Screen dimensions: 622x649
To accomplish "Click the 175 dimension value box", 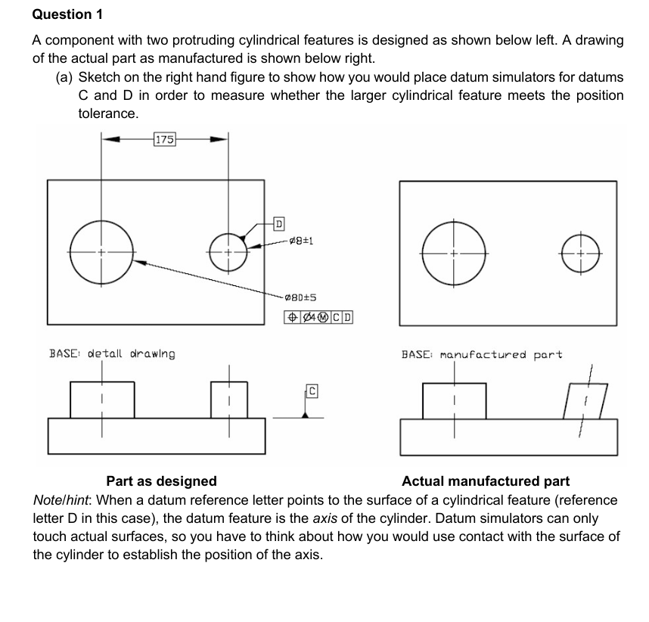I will [165, 138].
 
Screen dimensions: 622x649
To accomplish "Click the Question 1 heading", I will [67, 14].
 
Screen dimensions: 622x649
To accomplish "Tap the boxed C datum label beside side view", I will [310, 390].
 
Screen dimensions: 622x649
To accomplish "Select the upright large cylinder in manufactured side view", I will [454, 400].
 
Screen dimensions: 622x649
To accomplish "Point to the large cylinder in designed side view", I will [102, 400].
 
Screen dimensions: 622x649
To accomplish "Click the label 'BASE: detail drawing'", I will [112, 353].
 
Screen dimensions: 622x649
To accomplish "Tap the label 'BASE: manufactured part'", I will [482, 354].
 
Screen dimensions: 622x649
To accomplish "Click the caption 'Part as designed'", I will [161, 481].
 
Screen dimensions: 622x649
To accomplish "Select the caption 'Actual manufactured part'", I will [486, 481].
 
